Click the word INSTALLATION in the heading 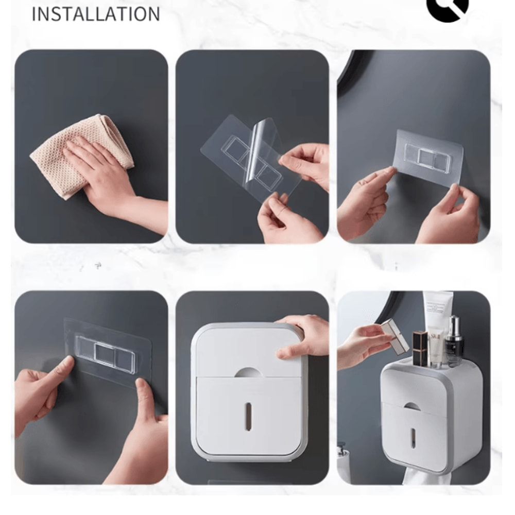[x=96, y=14]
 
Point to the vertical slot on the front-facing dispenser [x=248, y=416]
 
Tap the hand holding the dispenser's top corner [x=304, y=337]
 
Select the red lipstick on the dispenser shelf [x=420, y=348]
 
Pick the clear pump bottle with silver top [x=454, y=342]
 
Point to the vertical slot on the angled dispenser [x=413, y=437]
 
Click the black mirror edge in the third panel [x=350, y=77]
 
